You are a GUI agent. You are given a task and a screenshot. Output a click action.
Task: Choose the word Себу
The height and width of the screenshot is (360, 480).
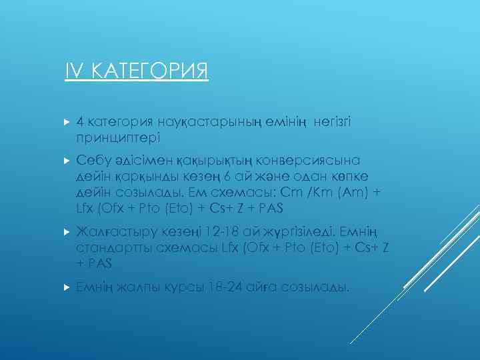tap(93, 161)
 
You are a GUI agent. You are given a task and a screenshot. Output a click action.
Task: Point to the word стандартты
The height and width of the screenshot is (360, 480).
tap(111, 247)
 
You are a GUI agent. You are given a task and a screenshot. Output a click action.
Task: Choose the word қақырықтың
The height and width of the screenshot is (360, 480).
tap(213, 161)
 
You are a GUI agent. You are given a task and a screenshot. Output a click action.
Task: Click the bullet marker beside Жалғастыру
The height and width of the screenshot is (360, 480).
tap(66, 231)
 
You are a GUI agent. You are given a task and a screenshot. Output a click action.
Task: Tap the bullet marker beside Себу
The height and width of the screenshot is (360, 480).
tap(66, 161)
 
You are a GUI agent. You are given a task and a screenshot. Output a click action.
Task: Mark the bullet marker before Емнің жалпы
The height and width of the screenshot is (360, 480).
tap(66, 287)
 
